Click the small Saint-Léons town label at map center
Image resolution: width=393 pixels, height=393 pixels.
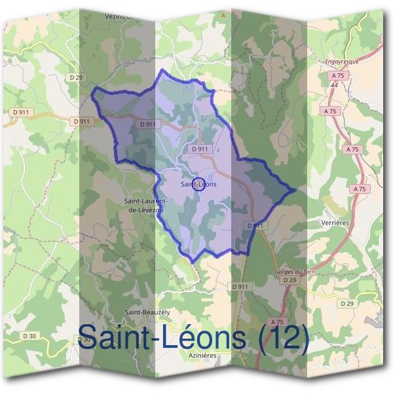199,185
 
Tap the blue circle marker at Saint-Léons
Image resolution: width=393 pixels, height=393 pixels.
200,184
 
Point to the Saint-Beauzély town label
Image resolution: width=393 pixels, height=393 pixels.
147,312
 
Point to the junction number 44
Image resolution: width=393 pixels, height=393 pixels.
334,85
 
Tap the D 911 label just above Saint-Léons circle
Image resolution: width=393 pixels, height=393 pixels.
200,149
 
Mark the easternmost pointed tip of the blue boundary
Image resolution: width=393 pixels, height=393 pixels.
296,190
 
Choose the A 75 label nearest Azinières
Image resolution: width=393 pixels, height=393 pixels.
278,322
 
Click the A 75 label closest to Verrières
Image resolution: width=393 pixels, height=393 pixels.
358,189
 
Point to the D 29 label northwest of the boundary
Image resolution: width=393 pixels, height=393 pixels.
77,77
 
